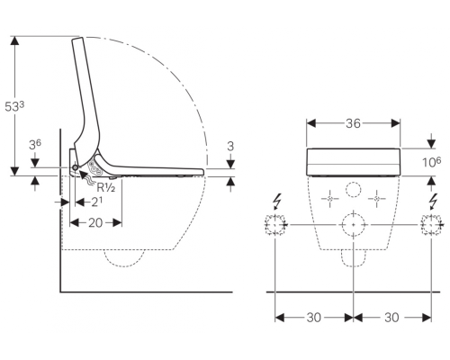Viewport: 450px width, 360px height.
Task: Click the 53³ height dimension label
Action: click(14, 106)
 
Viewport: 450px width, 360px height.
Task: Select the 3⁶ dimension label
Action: click(35, 145)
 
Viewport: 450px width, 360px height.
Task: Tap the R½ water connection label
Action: click(106, 187)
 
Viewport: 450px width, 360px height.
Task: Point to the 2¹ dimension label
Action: click(96, 202)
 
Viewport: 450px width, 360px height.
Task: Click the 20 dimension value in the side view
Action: click(95, 223)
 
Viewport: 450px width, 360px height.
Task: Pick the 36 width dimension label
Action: click(353, 123)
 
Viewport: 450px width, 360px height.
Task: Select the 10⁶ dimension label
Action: click(432, 162)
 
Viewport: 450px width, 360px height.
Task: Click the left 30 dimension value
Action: click(314, 318)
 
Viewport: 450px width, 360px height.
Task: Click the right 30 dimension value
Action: click(391, 318)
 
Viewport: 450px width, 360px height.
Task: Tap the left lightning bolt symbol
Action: click(277, 202)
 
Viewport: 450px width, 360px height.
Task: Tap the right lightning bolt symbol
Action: click(433, 202)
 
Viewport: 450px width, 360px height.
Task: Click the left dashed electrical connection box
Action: click(274, 225)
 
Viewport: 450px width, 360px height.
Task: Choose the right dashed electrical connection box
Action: click(431, 225)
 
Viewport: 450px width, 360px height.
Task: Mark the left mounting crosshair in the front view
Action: click(329, 199)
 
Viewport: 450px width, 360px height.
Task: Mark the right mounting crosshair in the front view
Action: click(377, 199)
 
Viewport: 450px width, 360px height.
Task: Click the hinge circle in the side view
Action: click(75, 167)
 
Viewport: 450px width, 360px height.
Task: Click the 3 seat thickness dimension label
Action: click(230, 147)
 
